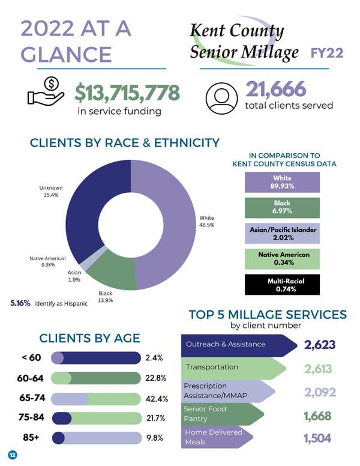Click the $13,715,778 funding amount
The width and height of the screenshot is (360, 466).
point(127,93)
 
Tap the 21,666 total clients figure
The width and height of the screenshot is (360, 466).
point(275,89)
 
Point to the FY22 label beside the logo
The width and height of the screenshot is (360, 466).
point(327,53)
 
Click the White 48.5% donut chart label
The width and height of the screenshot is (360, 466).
point(206,221)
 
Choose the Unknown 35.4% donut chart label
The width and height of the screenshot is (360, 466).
point(51,192)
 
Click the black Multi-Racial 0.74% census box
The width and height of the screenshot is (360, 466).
point(282,284)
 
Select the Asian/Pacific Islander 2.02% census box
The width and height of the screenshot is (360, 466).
point(282,233)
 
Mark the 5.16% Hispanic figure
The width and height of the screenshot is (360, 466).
point(20,303)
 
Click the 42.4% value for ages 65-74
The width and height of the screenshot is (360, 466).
point(157,399)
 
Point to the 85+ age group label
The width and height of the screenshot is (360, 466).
point(31,437)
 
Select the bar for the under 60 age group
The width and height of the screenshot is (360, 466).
point(96,358)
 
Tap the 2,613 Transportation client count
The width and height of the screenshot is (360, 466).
point(319,369)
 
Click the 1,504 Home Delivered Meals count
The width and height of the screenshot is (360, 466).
point(317,438)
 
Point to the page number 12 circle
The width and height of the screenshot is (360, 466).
point(12,455)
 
